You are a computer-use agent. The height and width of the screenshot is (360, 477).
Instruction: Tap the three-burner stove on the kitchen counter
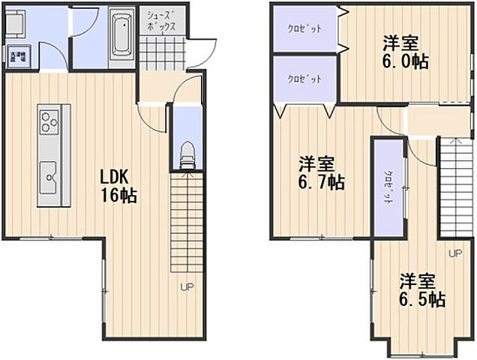49,121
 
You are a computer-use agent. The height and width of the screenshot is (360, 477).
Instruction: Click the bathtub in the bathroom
120,34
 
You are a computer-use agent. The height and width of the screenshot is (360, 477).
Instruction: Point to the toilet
187,154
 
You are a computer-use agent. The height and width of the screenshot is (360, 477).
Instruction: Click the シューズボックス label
160,20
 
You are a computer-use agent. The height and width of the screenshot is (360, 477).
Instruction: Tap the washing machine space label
17,57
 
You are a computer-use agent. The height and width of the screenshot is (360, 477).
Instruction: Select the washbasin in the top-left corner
17,25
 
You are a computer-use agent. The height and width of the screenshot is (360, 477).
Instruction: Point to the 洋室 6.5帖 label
421,291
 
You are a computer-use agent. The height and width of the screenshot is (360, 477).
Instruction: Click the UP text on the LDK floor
186,286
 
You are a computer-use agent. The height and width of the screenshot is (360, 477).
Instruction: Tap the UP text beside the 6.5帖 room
454,253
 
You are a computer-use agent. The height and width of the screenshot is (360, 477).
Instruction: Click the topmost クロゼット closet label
304,29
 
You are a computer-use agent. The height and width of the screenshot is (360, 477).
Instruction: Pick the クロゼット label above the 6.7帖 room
304,79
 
